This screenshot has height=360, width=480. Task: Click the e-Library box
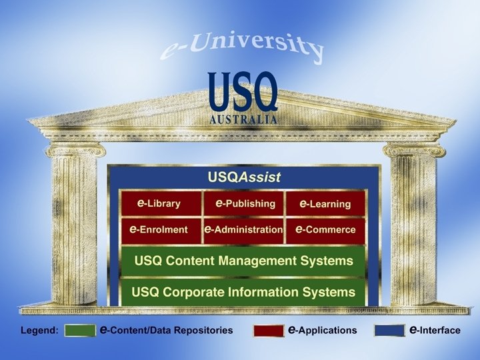pyautogui.click(x=160, y=203)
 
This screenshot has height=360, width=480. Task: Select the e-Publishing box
pyautogui.click(x=243, y=203)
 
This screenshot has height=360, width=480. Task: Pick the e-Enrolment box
pyautogui.click(x=160, y=229)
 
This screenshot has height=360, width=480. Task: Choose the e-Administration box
pyautogui.click(x=243, y=229)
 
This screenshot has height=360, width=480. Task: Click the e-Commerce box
pyautogui.click(x=325, y=229)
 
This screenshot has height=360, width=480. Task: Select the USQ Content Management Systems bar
pyautogui.click(x=243, y=261)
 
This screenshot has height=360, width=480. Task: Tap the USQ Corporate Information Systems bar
pyautogui.click(x=243, y=292)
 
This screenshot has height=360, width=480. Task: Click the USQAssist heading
pyautogui.click(x=244, y=177)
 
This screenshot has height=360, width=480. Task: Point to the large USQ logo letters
pyautogui.click(x=243, y=93)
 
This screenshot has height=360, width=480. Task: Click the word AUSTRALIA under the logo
pyautogui.click(x=243, y=120)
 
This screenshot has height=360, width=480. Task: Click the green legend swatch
pyautogui.click(x=79, y=330)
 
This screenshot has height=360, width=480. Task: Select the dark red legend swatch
pyautogui.click(x=268, y=330)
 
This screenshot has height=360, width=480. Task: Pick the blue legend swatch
pyautogui.click(x=389, y=330)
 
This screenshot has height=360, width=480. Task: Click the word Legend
pyautogui.click(x=39, y=330)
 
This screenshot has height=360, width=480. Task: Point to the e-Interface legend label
pyautogui.click(x=435, y=330)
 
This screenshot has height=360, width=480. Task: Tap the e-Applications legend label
pyautogui.click(x=322, y=330)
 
